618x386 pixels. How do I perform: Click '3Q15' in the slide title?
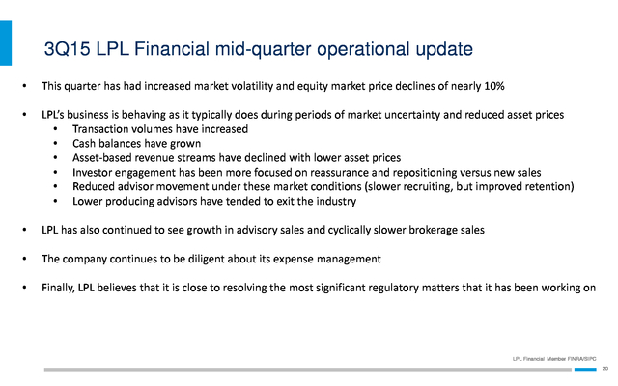[x=67, y=49]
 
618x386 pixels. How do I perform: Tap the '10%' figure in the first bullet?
[x=494, y=86]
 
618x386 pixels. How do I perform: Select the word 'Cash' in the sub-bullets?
[x=84, y=144]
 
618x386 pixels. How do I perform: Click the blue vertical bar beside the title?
[x=6, y=42]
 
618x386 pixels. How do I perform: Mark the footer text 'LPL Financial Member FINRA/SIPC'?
[x=554, y=359]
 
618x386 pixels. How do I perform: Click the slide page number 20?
[x=605, y=369]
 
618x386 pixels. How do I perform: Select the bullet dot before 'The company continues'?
[x=25, y=259]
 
